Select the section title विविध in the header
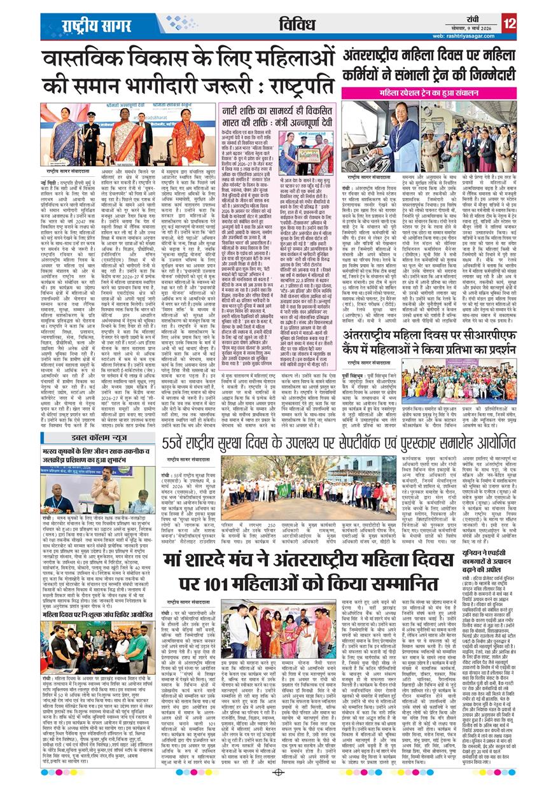click(298, 24)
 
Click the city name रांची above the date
click(478, 19)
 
